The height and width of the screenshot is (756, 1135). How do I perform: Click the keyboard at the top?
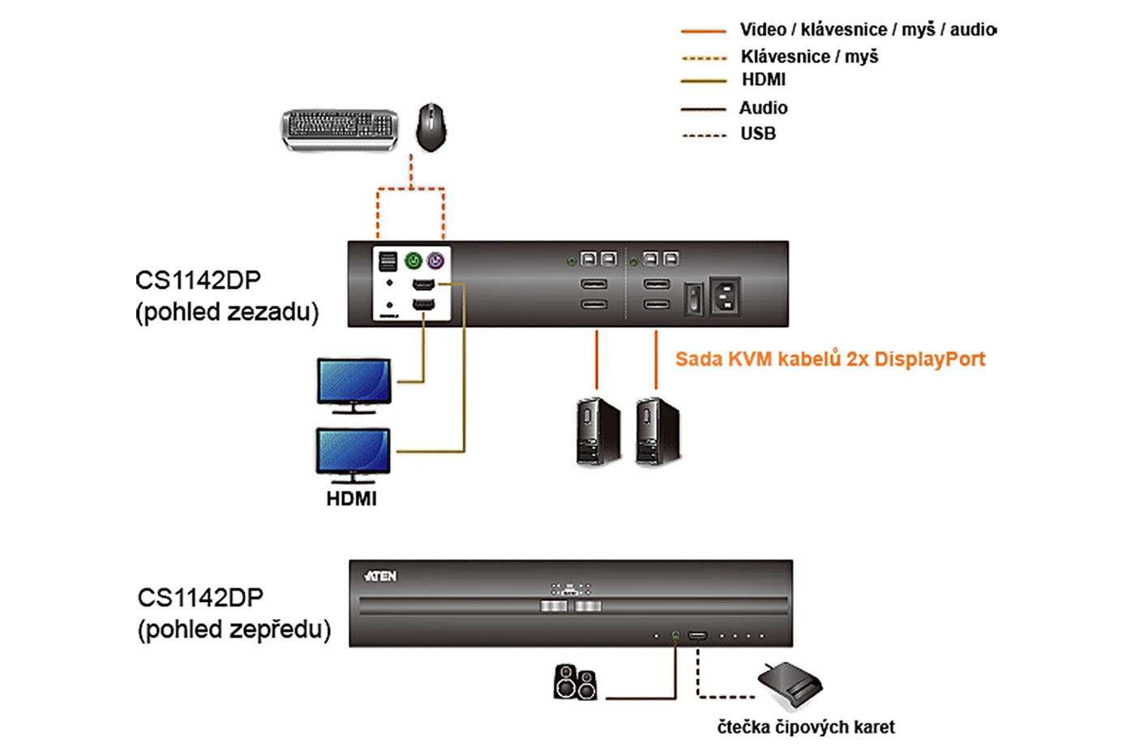pos(340,130)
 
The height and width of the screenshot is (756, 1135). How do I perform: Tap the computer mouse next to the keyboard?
pos(431,127)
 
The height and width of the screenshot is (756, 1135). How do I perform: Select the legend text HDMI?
pos(763,79)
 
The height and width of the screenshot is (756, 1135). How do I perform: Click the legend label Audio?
pos(763,108)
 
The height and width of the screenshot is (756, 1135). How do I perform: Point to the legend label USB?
pos(758,134)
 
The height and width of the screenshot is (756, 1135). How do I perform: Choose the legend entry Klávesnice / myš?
pos(809,57)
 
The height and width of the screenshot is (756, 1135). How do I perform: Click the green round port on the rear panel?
pos(413,260)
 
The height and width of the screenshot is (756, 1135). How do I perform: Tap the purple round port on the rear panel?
pos(435,260)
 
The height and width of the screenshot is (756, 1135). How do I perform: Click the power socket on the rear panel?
pos(725,295)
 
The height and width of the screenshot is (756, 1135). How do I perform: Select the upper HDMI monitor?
pos(353,384)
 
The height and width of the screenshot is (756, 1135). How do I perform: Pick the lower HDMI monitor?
pos(353,453)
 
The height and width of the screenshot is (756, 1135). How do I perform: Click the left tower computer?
pos(598,432)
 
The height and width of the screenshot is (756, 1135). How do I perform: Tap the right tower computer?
pos(657,432)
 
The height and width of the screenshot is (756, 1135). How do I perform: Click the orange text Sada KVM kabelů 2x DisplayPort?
pos(830,359)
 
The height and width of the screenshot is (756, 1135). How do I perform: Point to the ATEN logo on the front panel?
pos(380,576)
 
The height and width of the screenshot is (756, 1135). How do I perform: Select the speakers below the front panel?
pos(576,682)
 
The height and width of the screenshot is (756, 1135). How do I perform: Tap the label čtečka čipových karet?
pos(806,727)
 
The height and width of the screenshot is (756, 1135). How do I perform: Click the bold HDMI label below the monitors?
pos(351,499)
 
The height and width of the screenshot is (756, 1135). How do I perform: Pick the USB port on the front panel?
pos(697,635)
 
